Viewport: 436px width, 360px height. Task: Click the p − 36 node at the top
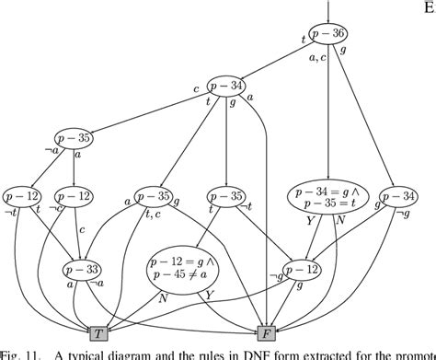pyautogui.click(x=327, y=36)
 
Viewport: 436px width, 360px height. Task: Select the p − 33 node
pyautogui.click(x=82, y=271)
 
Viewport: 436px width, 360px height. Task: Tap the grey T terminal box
pyautogui.click(x=98, y=332)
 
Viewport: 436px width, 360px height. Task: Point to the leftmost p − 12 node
pyautogui.click(x=20, y=196)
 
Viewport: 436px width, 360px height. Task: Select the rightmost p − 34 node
pyautogui.click(x=399, y=196)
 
